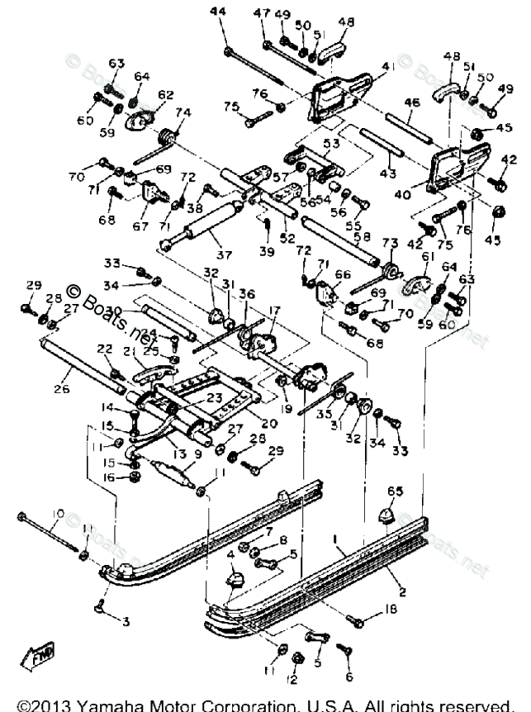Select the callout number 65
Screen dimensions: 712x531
396,491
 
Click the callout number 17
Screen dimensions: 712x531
273,311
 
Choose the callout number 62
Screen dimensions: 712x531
166,95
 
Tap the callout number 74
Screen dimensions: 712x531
183,113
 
